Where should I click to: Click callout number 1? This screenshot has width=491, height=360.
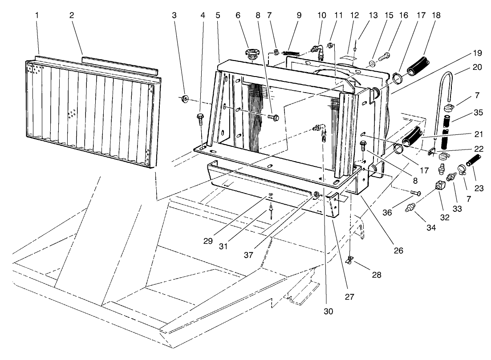pos(38,15)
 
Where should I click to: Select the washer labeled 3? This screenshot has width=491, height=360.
pos(184,98)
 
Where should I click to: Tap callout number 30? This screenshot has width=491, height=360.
pos(328,311)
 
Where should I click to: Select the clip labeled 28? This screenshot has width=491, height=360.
pos(350,259)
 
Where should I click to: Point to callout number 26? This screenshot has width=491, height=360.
pos(398,251)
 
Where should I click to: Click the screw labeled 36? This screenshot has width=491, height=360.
pos(415,193)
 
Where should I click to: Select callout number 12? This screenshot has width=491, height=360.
pos(355,15)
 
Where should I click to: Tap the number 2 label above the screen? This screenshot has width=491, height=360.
pos(72,15)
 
